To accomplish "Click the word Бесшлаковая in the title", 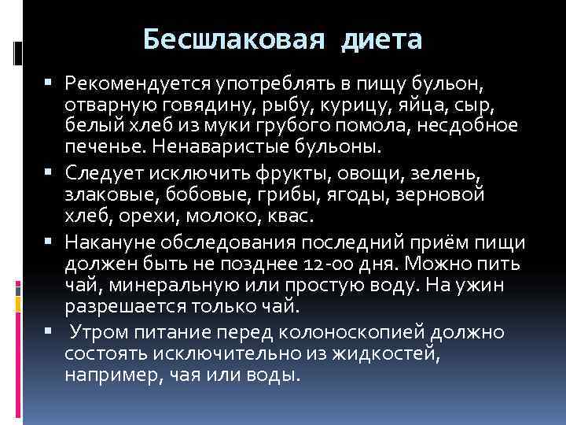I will click(x=233, y=39).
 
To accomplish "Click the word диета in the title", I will click(x=382, y=39).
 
